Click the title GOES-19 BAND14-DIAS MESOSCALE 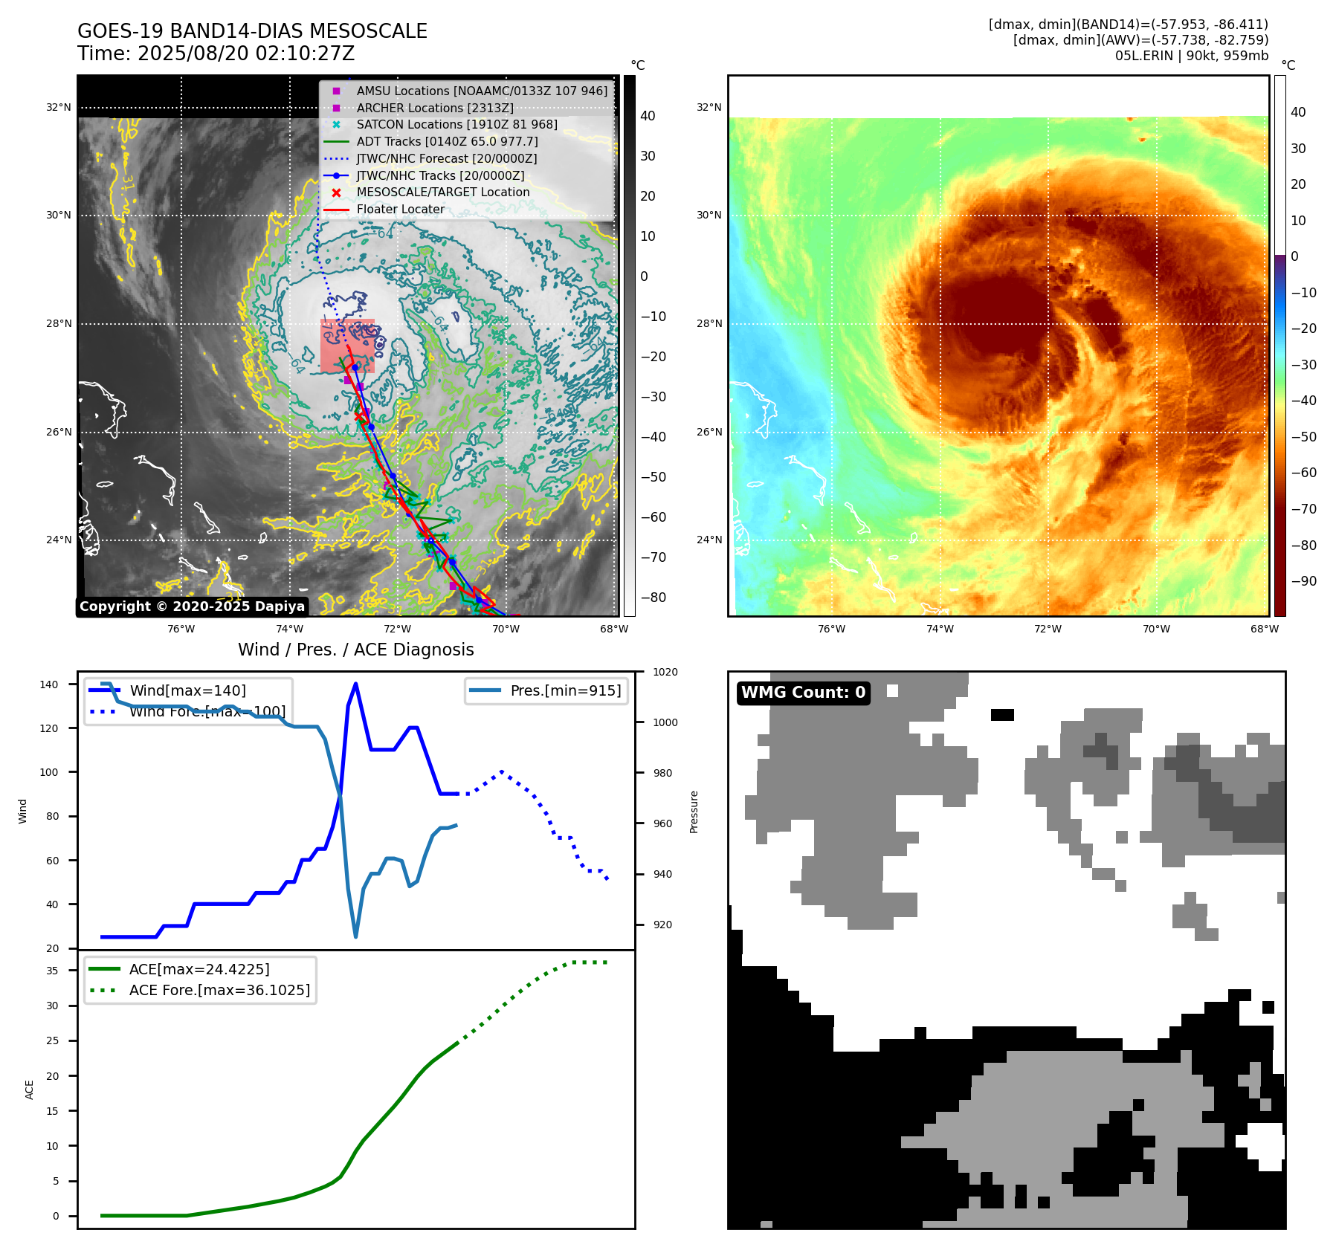coord(252,31)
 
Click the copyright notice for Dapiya coord(192,606)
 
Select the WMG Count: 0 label coord(803,693)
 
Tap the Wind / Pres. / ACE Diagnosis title coord(355,650)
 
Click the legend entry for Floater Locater coord(400,210)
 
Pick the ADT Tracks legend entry coord(447,142)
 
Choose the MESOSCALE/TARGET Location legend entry coord(442,192)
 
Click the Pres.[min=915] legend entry coord(565,690)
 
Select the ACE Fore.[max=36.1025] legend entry coord(219,991)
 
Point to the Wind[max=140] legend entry coord(187,690)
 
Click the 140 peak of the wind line coord(355,684)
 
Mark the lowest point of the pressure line coord(355,936)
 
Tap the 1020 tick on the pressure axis coord(665,673)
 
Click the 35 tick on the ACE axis coord(52,971)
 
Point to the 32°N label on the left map coord(59,108)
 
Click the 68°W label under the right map coord(1264,629)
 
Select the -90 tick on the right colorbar coord(1303,581)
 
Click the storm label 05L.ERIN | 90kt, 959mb coord(1191,56)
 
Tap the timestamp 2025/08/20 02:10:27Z coord(246,54)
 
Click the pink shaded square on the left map coord(347,346)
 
